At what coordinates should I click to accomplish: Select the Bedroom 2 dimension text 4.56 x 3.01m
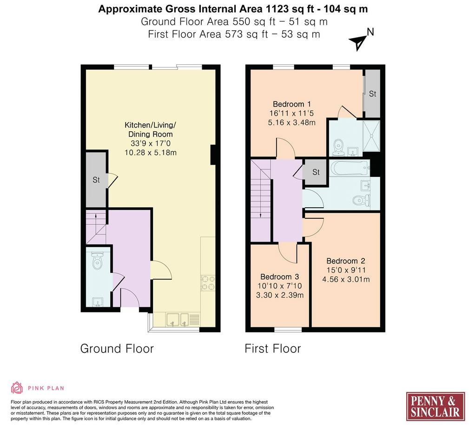346,279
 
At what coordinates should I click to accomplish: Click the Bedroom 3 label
279,277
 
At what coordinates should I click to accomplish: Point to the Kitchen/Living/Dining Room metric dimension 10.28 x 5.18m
151,152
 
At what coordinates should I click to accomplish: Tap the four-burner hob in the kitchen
208,283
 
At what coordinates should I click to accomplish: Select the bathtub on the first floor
350,168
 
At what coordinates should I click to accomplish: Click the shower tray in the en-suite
371,135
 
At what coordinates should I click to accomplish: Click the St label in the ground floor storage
96,180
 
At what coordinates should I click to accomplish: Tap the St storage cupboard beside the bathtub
316,172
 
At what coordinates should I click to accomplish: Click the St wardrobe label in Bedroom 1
372,94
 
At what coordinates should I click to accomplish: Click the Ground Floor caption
117,348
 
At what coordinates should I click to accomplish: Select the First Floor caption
272,348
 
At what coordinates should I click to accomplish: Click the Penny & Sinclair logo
435,406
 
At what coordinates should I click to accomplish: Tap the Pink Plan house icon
17,388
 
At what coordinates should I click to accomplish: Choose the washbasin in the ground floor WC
98,302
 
